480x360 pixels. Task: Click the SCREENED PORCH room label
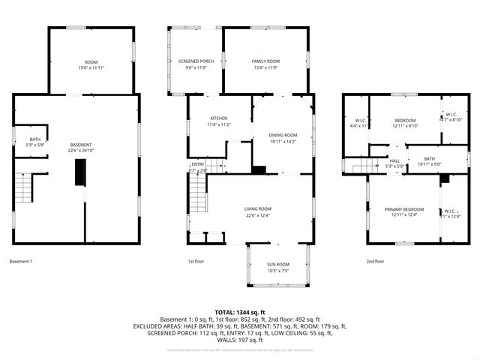196,61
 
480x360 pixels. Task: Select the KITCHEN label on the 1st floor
219,118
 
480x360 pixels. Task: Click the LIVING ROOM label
257,208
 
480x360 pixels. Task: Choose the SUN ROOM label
277,265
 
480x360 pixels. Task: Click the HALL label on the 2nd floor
394,160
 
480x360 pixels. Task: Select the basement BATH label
35,139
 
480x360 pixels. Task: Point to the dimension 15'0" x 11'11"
91,67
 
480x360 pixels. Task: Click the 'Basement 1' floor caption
20,262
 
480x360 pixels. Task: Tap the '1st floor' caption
196,262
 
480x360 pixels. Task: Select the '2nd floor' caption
375,262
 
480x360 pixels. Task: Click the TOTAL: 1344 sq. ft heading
240,312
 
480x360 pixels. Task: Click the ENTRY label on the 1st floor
198,164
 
